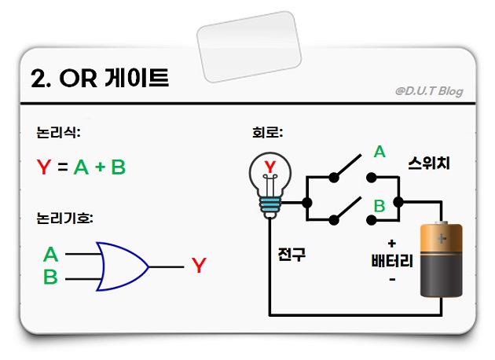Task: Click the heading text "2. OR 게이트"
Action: pyautogui.click(x=99, y=79)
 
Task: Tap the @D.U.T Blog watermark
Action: pyautogui.click(x=429, y=91)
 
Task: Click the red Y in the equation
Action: pyautogui.click(x=44, y=167)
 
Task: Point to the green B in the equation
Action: pyautogui.click(x=119, y=167)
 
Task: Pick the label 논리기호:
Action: pyautogui.click(x=64, y=219)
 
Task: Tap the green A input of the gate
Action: pyautogui.click(x=51, y=255)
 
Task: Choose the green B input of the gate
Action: pyautogui.click(x=51, y=277)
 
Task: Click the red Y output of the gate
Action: pyautogui.click(x=199, y=266)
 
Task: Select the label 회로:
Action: pyautogui.click(x=262, y=133)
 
